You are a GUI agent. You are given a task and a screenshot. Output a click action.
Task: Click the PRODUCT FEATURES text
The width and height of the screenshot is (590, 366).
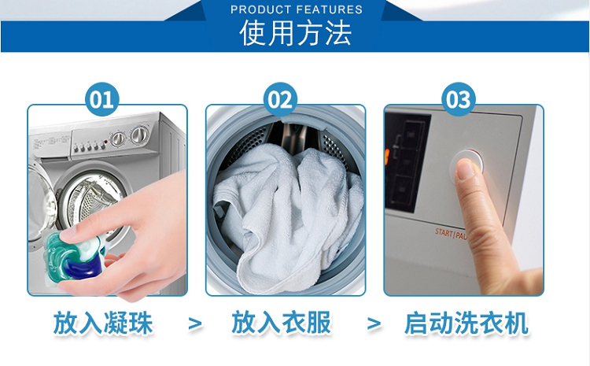(x=297, y=9)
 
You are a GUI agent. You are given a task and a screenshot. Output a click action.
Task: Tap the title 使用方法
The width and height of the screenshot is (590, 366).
(x=296, y=33)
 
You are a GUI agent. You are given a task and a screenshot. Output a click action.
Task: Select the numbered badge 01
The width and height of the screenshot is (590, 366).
(x=101, y=99)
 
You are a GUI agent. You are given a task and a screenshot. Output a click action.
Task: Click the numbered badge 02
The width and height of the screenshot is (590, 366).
(x=280, y=99)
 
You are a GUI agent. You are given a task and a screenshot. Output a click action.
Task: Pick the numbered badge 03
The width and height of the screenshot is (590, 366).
(x=459, y=99)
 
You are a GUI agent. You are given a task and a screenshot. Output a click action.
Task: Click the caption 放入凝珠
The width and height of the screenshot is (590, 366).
(x=103, y=323)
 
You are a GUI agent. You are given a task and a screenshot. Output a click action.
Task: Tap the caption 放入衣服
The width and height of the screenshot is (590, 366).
(x=282, y=323)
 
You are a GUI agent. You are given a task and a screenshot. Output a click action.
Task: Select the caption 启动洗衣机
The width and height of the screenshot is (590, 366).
(x=466, y=323)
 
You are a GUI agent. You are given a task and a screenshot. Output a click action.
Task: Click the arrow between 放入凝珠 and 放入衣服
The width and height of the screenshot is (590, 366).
(x=195, y=323)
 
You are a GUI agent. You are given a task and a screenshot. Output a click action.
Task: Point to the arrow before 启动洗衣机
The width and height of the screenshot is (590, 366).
(x=374, y=323)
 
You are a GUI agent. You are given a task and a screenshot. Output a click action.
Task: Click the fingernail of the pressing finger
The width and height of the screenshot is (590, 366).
(x=466, y=168)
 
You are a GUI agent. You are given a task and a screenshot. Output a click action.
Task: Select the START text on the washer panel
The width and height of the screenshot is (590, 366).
(x=444, y=232)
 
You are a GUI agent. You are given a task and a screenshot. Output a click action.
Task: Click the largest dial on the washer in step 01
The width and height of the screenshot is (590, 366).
(x=139, y=135)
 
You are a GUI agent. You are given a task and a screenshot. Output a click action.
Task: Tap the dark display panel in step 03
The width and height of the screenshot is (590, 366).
(x=406, y=162)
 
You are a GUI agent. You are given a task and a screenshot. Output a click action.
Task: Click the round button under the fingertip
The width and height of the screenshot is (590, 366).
(x=467, y=166)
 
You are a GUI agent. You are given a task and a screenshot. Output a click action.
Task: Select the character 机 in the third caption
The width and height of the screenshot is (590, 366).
(x=516, y=323)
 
